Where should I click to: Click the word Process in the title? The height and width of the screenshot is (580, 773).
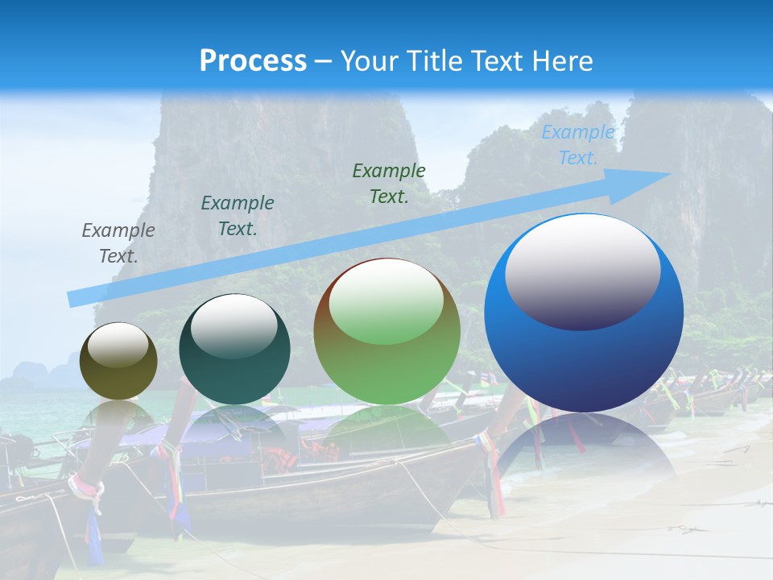(253, 61)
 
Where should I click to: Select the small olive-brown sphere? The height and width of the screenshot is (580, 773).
(118, 361)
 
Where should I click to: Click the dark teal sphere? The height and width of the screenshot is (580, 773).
(234, 350)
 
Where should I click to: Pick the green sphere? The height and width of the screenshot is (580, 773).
(386, 331)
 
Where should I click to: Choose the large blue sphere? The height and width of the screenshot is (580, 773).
(584, 313)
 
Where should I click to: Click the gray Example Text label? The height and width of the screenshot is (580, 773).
(118, 243)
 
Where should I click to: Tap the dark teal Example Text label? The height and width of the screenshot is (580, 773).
(238, 216)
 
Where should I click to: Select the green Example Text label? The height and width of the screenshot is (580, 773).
(389, 183)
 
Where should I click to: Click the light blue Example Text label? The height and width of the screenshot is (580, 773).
(578, 145)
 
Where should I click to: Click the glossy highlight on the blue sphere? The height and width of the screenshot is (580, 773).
(582, 271)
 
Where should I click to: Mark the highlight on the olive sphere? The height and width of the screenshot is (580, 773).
(118, 345)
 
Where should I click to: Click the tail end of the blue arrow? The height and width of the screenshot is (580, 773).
(75, 299)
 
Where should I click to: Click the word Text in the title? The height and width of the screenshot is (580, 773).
(498, 61)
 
